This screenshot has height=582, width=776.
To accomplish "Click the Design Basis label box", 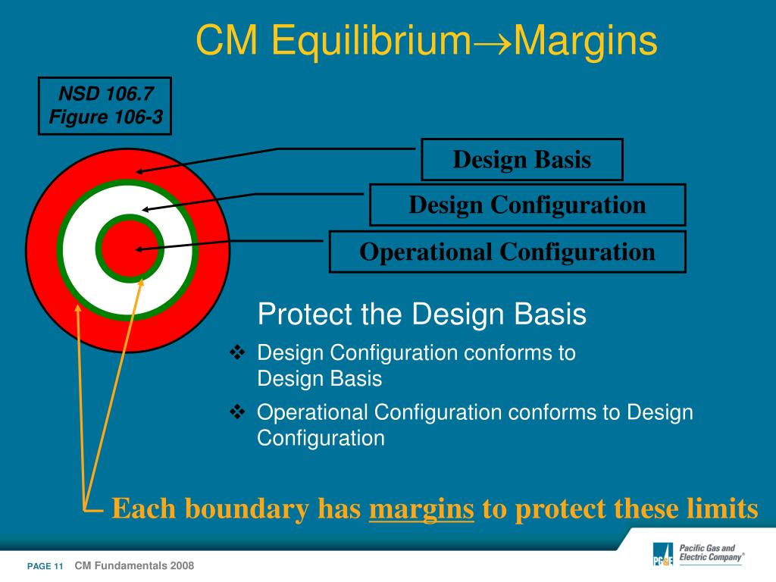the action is (521, 159).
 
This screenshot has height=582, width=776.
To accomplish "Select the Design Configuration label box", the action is (527, 205).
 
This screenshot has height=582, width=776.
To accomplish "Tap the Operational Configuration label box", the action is (507, 252).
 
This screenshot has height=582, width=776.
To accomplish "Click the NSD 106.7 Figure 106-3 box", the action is (105, 105).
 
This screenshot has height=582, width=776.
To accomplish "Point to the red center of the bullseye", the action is (130, 249).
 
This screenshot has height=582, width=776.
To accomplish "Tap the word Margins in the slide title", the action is (586, 41).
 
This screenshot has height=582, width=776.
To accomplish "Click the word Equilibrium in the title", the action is (371, 41).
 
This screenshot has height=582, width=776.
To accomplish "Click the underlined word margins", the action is (421, 509).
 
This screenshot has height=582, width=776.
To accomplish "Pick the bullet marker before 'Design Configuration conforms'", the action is (237, 352).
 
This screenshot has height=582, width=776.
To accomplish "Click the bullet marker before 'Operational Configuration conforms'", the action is (237, 411).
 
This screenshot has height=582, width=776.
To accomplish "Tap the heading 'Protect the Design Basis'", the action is (421, 314).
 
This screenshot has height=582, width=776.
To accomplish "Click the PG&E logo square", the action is (663, 554).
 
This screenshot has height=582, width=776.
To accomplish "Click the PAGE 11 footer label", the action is (45, 566).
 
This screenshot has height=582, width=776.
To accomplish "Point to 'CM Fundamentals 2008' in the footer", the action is (134, 565).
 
